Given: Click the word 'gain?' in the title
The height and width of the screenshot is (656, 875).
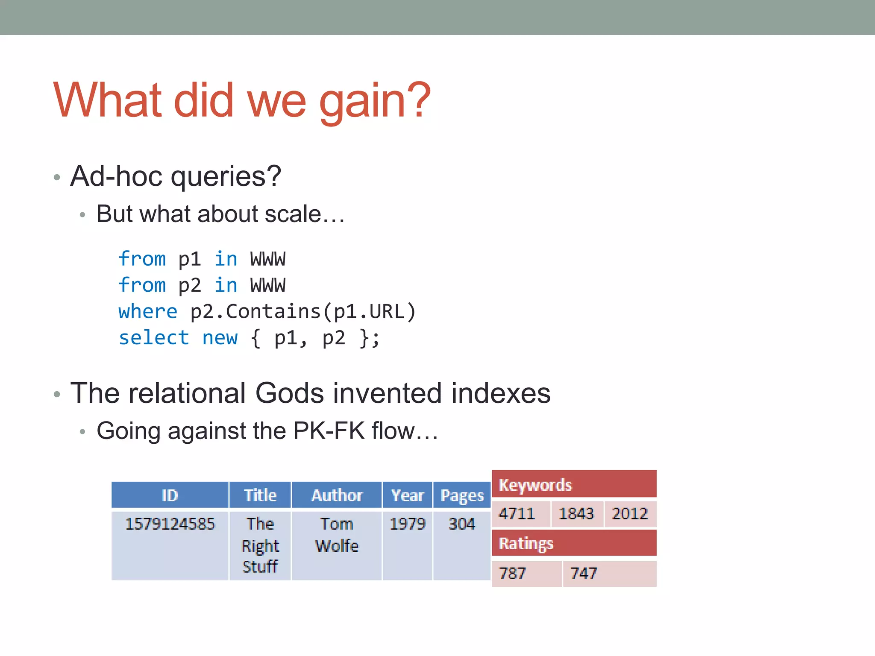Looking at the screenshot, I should click(x=374, y=102).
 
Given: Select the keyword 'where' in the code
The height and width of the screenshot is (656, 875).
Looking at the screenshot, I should click(x=148, y=311).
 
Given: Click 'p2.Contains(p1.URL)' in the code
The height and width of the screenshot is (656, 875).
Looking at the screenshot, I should click(x=303, y=311).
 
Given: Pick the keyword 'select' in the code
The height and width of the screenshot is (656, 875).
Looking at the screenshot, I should click(x=154, y=338).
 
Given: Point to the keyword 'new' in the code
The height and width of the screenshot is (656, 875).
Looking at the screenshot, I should click(x=220, y=338).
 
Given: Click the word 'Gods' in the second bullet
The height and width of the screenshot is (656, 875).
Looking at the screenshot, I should click(x=289, y=393).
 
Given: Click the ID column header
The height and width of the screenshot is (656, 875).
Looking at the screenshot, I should click(x=170, y=495).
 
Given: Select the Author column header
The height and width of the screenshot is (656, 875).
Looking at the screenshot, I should click(x=337, y=495).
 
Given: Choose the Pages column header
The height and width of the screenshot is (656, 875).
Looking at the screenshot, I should click(x=462, y=495).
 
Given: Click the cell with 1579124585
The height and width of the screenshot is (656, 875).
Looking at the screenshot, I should click(x=170, y=524).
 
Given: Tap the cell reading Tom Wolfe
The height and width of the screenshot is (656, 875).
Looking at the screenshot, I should click(x=337, y=535).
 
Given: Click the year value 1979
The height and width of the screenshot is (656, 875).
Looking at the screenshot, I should click(x=407, y=524).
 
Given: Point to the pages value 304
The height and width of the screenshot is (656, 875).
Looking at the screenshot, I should click(x=461, y=524).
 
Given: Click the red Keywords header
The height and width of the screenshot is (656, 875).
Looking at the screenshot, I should click(x=574, y=485).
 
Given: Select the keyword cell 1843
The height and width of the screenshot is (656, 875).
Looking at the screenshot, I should click(x=576, y=514).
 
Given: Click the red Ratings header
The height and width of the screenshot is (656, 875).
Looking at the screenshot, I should click(x=574, y=543).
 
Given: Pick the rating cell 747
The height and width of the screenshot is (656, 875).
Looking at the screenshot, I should click(x=584, y=574).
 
